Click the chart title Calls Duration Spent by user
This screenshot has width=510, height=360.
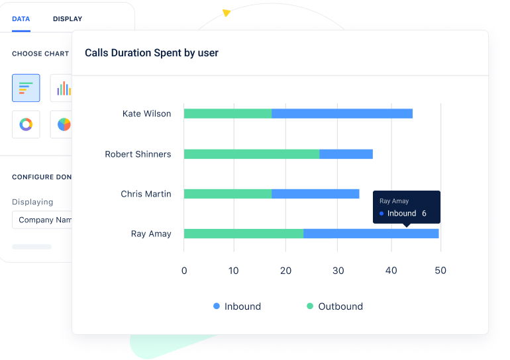pos(152,53)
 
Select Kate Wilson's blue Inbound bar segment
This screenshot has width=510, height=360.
pos(342,114)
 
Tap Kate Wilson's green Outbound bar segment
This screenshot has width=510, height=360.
pos(227,114)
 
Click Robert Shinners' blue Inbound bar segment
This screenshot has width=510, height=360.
pos(346,154)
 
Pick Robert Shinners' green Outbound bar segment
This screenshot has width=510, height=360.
pos(251,154)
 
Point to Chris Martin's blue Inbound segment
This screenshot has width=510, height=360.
pos(315,194)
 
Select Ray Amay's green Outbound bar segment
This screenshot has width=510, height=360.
pos(243,234)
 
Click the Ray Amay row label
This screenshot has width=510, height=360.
pos(151,234)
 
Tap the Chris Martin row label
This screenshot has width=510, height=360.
pos(146,194)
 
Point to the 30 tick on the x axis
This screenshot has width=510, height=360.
pos(337,270)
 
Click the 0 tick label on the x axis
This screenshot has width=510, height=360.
pos(184,270)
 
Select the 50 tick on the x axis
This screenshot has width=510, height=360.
pos(440,270)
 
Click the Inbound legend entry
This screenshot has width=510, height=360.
pos(237,306)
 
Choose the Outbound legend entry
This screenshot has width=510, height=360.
pos(334,306)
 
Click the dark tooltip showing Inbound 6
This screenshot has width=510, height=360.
pos(406,206)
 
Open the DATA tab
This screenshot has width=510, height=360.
pos(21,19)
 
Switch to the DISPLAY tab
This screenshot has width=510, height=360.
pos(68,19)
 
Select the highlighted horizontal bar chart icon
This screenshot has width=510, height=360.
pos(26,88)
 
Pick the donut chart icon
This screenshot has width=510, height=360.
pos(26,124)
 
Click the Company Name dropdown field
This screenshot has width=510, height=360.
pos(43,220)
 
